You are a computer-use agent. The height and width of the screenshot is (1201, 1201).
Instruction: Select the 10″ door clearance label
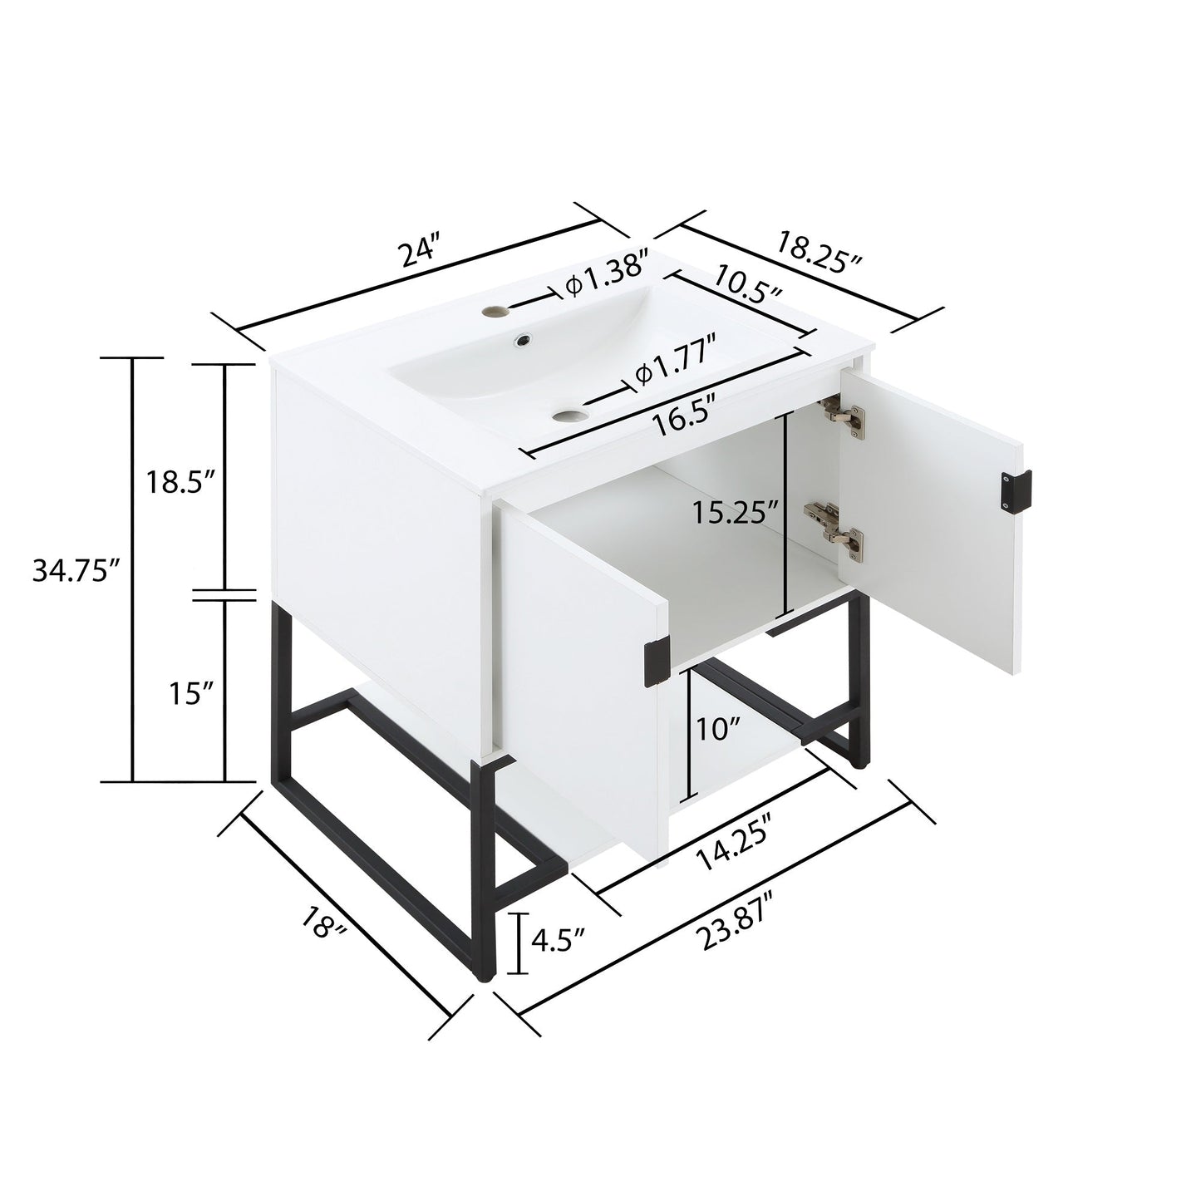point(720,730)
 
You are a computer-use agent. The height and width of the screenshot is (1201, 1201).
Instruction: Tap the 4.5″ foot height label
point(558,941)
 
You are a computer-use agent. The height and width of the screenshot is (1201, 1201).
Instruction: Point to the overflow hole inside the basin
point(523,339)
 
